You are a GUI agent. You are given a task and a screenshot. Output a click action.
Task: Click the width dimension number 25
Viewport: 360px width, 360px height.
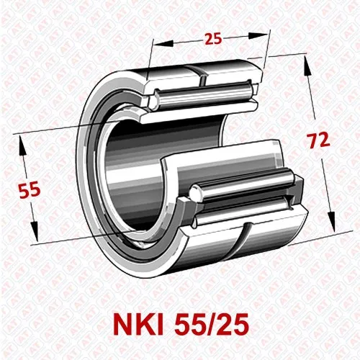coord(213,39)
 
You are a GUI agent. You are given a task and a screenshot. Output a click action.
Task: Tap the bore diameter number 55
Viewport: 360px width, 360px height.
coord(29,190)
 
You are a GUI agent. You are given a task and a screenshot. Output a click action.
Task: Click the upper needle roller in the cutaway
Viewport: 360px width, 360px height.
coord(206,92)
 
